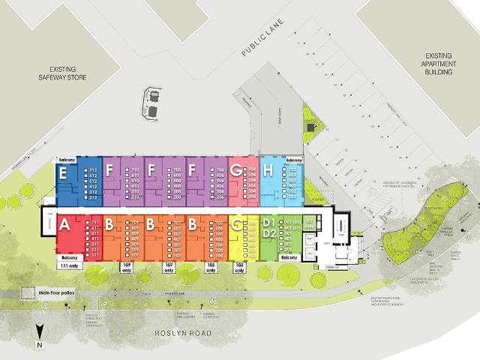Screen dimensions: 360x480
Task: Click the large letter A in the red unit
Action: coord(64,224)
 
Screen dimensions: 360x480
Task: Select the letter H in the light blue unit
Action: coord(267,171)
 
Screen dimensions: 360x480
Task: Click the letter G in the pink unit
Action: coord(235,171)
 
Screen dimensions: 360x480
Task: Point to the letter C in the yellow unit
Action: coord(237,224)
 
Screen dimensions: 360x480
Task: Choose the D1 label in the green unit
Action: coord(267,223)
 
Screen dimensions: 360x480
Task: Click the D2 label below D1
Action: coord(267,234)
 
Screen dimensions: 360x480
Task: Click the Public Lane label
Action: coord(264,43)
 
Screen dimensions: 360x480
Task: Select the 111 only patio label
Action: coord(68,265)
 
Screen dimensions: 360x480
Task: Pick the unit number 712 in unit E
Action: coord(94,170)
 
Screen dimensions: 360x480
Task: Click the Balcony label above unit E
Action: coord(68,160)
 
